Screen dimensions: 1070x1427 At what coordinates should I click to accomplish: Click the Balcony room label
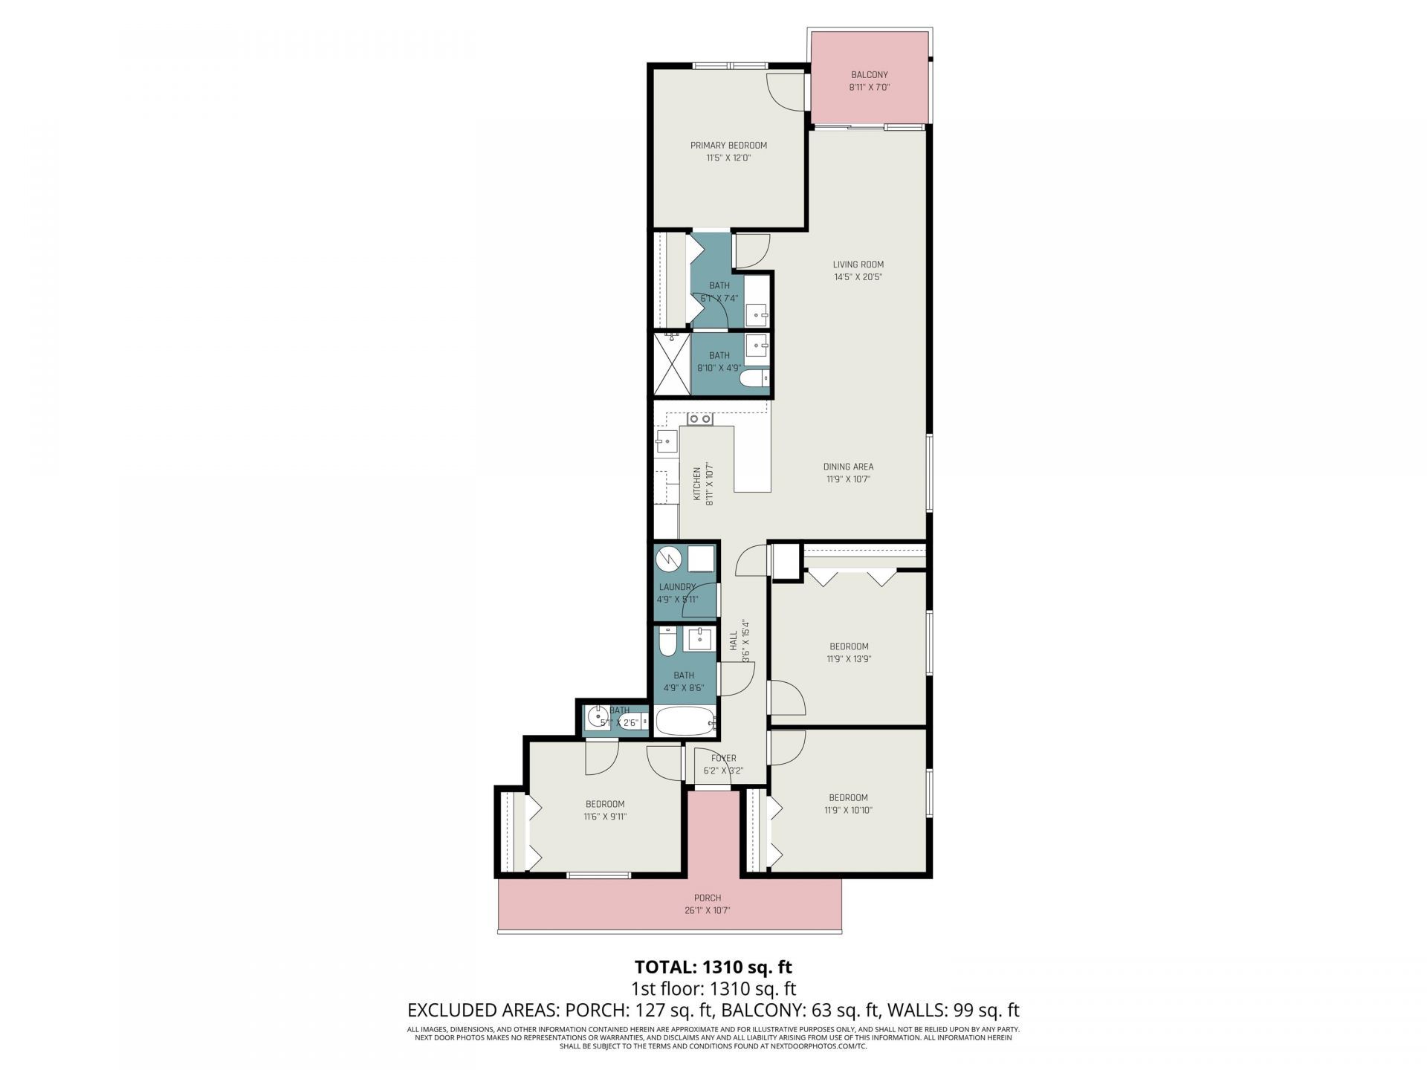[x=869, y=75]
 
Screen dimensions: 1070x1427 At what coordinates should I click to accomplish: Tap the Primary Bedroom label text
[x=728, y=146]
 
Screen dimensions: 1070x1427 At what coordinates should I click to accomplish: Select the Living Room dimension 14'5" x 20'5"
[x=858, y=277]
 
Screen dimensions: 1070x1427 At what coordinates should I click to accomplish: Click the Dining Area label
[x=848, y=467]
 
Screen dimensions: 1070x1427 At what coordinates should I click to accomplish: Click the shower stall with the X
[x=672, y=364]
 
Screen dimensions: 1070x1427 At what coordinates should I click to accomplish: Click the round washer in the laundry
[x=669, y=559]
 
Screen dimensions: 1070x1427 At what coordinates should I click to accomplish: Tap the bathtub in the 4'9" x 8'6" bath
[x=685, y=721]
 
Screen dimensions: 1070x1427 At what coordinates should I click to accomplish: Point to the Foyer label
[x=723, y=759]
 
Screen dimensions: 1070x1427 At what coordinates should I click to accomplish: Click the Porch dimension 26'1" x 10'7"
[x=708, y=910]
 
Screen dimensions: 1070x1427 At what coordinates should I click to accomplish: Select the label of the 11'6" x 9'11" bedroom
[x=605, y=804]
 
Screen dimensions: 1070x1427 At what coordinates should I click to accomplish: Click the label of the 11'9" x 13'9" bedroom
[x=848, y=646]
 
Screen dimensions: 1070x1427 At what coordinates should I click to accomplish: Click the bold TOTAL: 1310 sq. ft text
[x=713, y=967]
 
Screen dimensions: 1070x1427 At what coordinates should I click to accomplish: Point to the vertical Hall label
[x=734, y=641]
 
